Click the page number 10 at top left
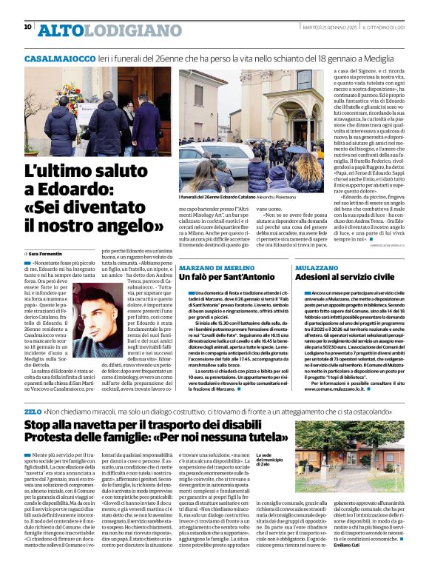tap(28, 27)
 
